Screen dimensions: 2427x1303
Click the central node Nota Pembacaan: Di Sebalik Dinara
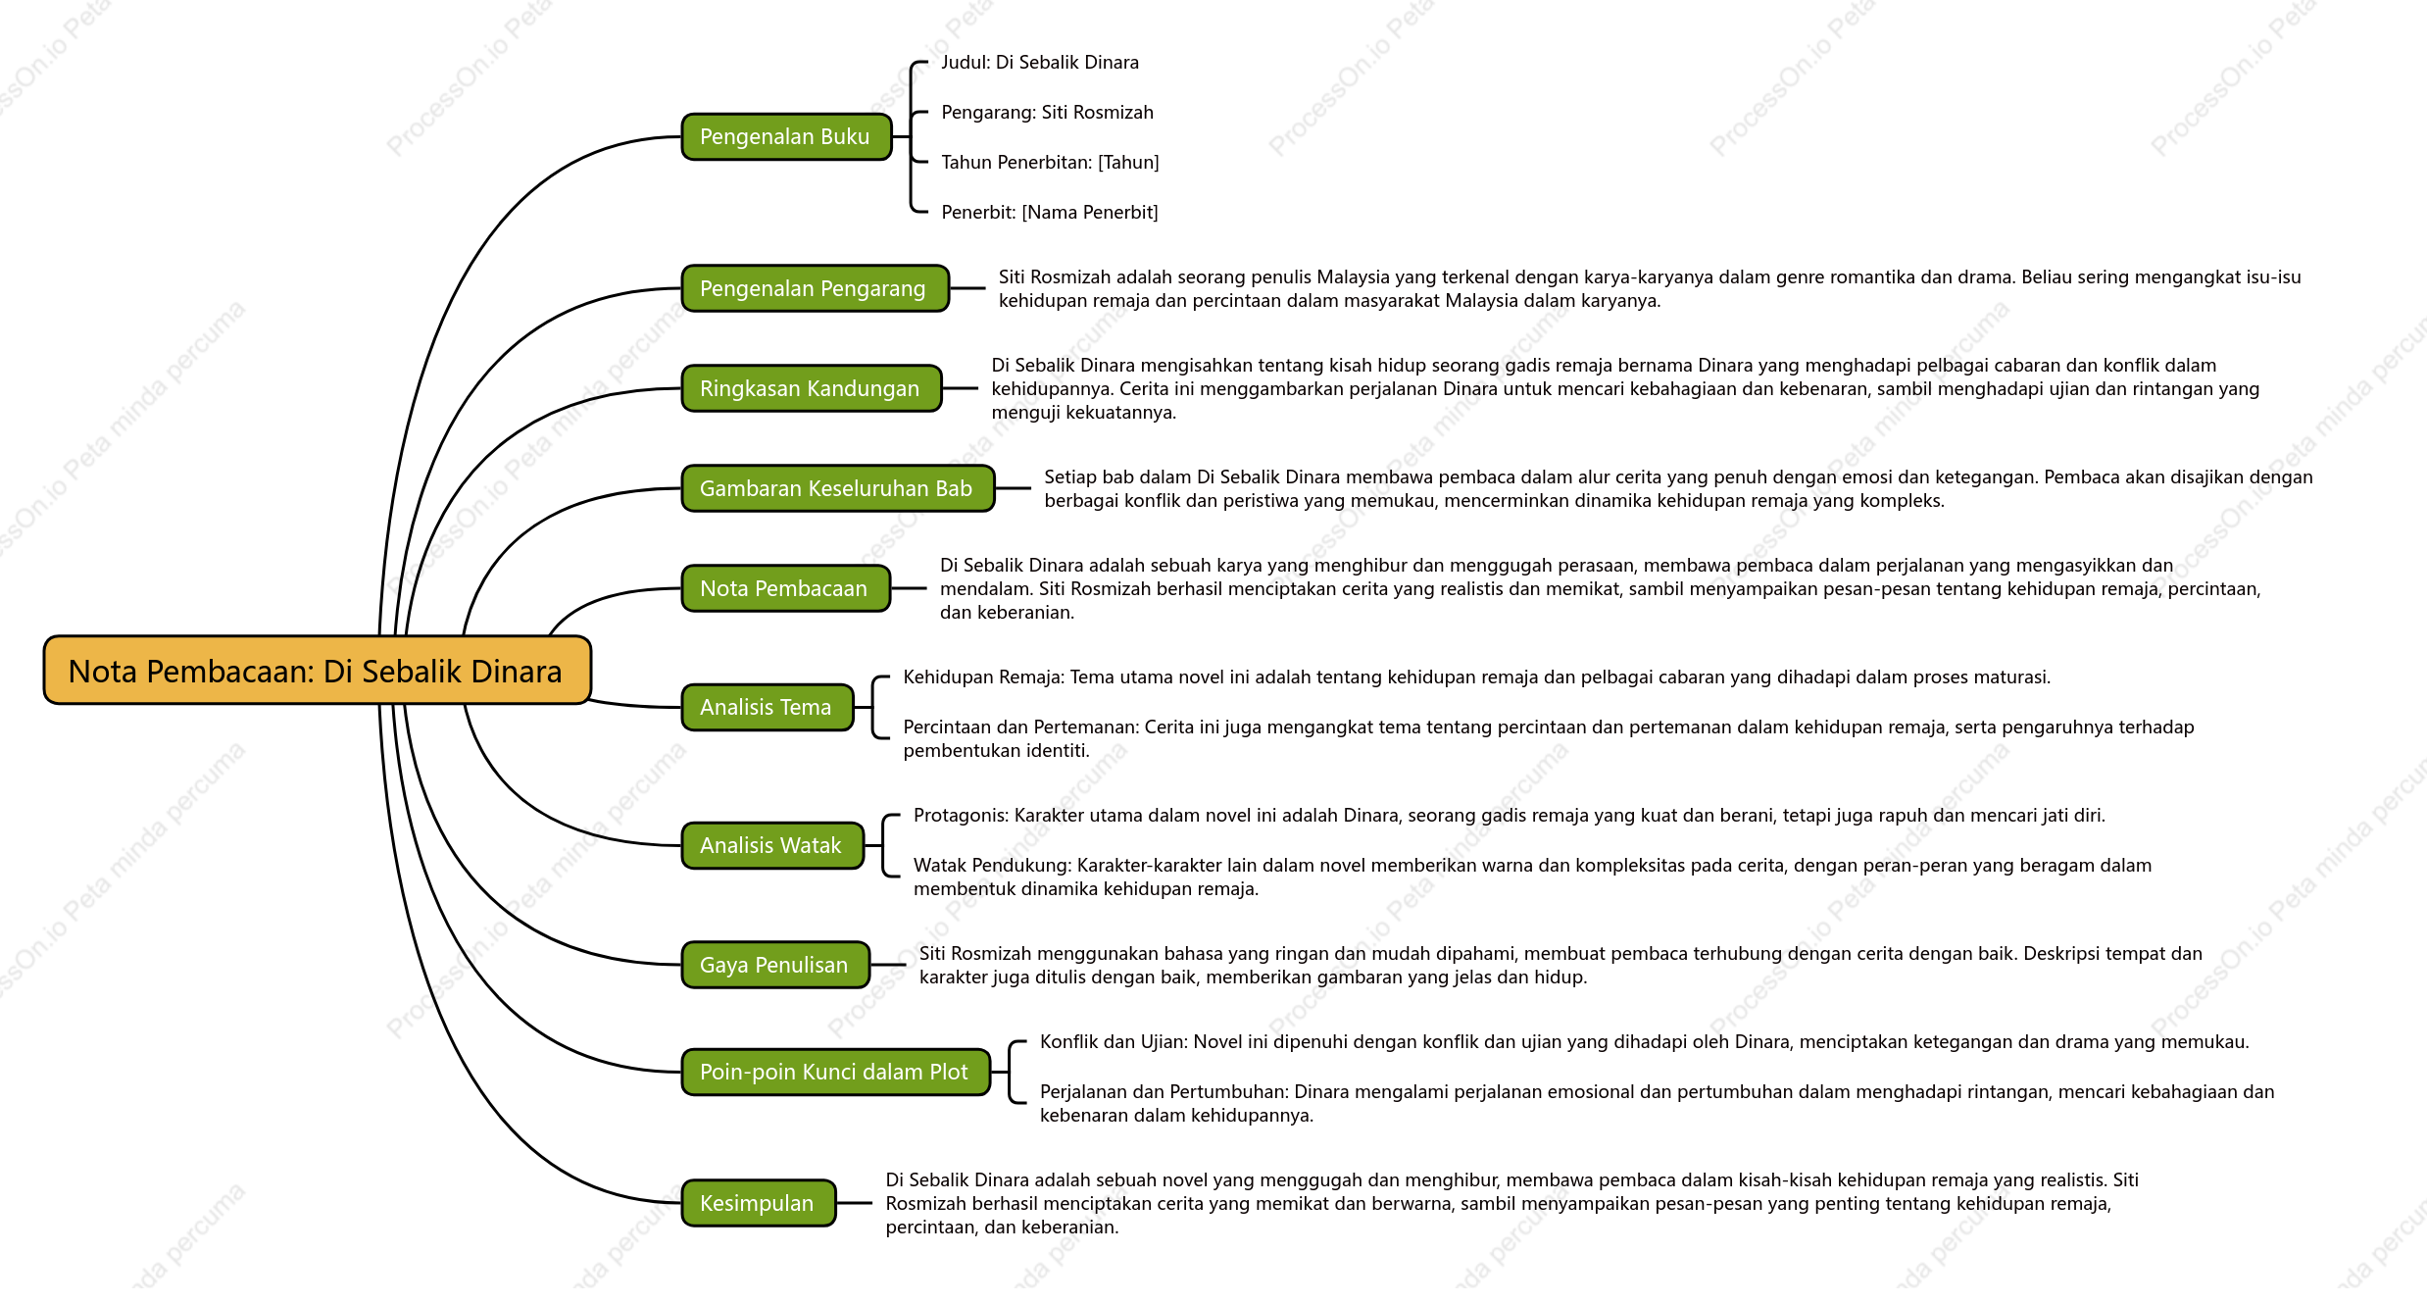coord(317,671)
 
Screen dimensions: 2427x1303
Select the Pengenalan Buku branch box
coord(786,136)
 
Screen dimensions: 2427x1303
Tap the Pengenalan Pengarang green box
coord(815,288)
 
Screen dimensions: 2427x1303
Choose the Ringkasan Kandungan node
coord(811,388)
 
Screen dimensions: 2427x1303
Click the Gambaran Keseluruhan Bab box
coord(837,488)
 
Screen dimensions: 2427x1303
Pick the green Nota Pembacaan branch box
coord(785,588)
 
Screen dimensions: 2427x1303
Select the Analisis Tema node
coord(767,707)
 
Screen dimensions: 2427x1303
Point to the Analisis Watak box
coord(772,845)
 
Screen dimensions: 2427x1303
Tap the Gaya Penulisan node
coord(775,965)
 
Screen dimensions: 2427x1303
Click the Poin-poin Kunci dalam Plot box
coord(835,1072)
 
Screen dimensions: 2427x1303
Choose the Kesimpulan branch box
coord(758,1203)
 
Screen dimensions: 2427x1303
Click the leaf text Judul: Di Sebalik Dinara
coord(1040,63)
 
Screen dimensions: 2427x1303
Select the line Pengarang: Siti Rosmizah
coord(1047,113)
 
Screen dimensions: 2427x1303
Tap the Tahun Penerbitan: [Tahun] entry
coord(1050,163)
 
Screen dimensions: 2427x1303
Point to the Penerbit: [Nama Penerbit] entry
coord(1050,213)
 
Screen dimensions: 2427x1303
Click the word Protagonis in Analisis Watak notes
coord(960,816)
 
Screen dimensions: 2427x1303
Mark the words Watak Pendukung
coord(993,866)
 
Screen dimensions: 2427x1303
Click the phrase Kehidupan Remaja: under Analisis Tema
coord(984,677)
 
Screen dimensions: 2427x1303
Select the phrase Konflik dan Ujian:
coord(1114,1042)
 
